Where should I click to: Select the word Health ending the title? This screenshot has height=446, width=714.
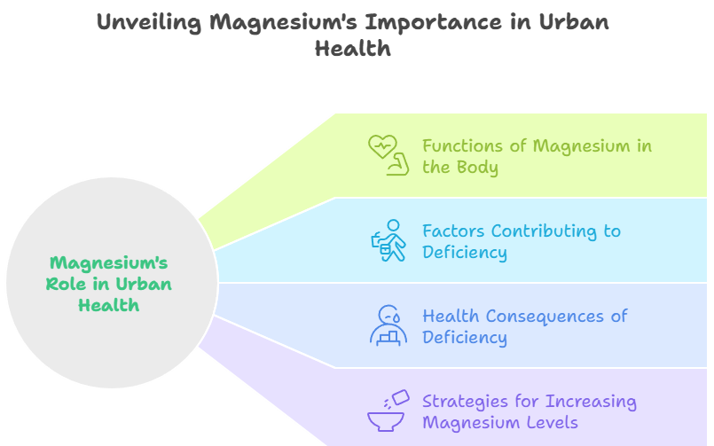pyautogui.click(x=352, y=49)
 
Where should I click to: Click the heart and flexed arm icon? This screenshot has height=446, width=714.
pyautogui.click(x=388, y=155)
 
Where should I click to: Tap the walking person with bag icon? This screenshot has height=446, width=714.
pyautogui.click(x=388, y=240)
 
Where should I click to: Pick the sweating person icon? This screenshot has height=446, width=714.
pyautogui.click(x=388, y=325)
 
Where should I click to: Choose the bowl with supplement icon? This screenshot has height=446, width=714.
pyautogui.click(x=388, y=411)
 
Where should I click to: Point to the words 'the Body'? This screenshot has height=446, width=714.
pyautogui.click(x=459, y=167)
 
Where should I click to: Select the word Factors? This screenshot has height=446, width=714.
pyautogui.click(x=453, y=231)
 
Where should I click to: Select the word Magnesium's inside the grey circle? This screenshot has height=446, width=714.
pyautogui.click(x=108, y=262)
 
